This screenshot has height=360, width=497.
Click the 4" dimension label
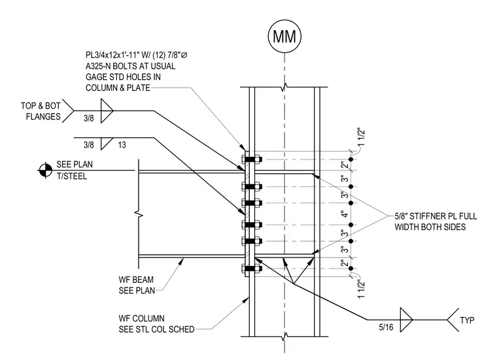click(x=345, y=214)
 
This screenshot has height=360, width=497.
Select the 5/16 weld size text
click(x=386, y=327)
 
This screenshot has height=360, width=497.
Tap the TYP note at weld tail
click(x=467, y=320)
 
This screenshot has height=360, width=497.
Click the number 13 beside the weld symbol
click(x=122, y=145)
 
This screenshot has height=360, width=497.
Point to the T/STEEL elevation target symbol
click(x=45, y=171)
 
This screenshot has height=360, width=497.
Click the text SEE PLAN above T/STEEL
click(x=75, y=165)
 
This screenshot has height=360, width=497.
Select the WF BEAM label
click(x=136, y=280)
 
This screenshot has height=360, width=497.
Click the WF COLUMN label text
click(x=142, y=318)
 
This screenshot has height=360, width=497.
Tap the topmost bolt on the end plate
click(x=251, y=159)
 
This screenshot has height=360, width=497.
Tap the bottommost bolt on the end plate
click(x=251, y=269)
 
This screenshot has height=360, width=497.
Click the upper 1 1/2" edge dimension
click(x=362, y=137)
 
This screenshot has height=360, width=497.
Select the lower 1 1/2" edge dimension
click(x=362, y=289)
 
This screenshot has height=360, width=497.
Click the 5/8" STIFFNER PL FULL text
click(x=436, y=216)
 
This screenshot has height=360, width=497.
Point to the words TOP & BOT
click(x=41, y=106)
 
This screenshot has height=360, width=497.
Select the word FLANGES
click(x=43, y=116)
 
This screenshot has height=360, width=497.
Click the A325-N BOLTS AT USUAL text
click(x=130, y=66)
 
